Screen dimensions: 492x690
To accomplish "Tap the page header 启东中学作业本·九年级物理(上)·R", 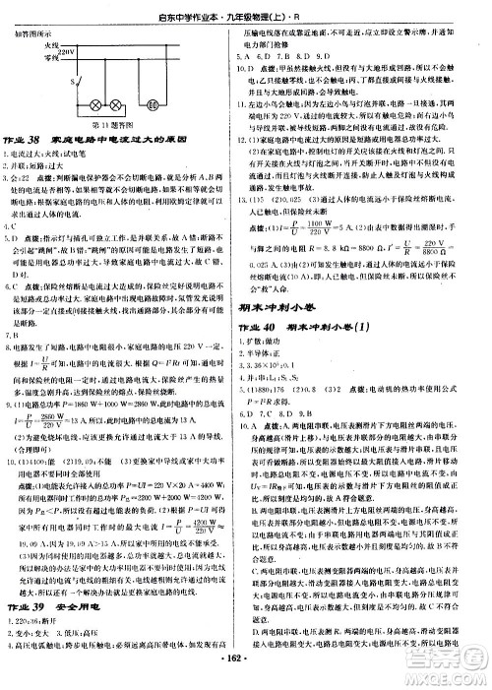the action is [246, 12].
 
